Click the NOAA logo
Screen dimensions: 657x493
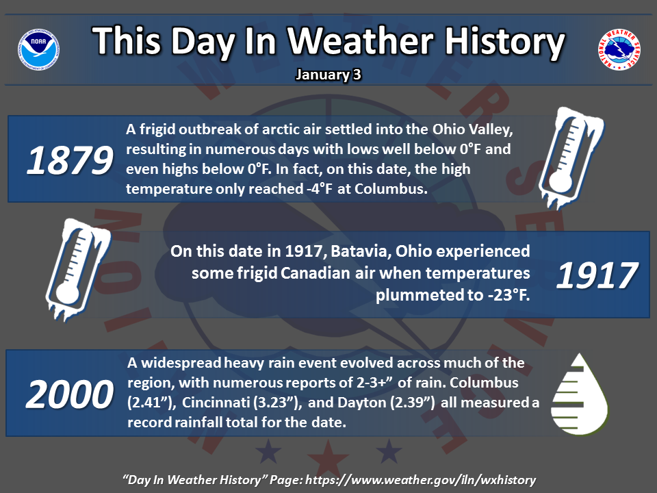(x=38, y=49)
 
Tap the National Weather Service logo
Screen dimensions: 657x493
(x=619, y=49)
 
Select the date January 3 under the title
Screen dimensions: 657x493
(x=328, y=75)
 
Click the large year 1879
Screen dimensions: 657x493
(x=70, y=160)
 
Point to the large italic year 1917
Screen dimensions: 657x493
(x=597, y=275)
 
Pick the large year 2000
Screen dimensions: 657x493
(x=70, y=394)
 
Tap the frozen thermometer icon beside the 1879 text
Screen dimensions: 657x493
(x=570, y=157)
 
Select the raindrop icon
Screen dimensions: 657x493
(x=580, y=394)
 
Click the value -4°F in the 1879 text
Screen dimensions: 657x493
(x=318, y=189)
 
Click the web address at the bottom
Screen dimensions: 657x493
(x=421, y=479)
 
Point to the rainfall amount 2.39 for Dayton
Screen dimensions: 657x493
(x=412, y=403)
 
